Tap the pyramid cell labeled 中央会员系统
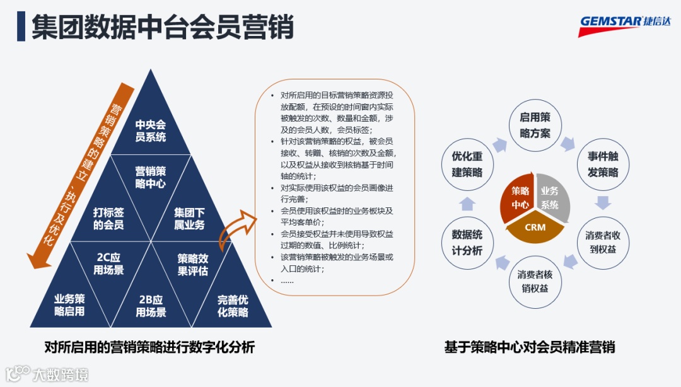click(151, 130)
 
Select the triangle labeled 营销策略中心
click(151, 177)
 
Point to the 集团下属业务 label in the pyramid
click(190, 218)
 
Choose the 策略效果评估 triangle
click(192, 264)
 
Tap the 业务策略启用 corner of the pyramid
click(69, 305)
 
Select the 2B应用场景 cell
click(151, 305)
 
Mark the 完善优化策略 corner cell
click(233, 305)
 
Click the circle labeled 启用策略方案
click(535, 125)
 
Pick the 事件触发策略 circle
click(603, 164)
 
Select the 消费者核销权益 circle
click(535, 281)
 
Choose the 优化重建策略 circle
click(467, 164)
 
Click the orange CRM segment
click(535, 228)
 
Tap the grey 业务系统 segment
click(551, 197)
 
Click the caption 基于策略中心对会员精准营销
click(529, 347)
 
